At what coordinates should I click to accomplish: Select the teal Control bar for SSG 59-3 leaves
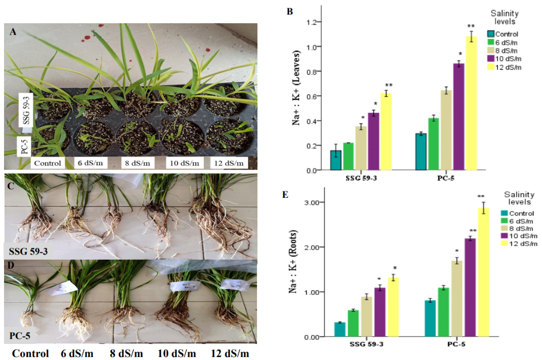click(x=336, y=160)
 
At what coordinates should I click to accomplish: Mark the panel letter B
click(x=290, y=11)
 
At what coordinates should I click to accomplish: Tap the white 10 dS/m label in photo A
click(x=184, y=163)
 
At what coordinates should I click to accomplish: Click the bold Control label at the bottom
click(x=31, y=353)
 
